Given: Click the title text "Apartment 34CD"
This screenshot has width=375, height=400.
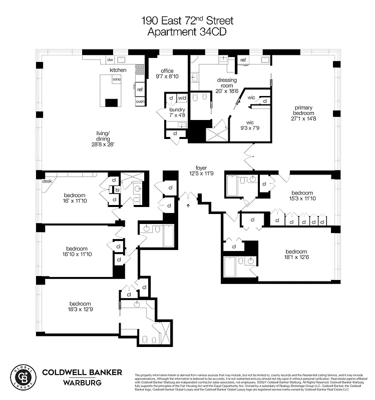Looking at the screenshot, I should pyautogui.click(x=187, y=31).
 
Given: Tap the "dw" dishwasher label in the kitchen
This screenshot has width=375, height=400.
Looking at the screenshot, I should pyautogui.click(x=110, y=60).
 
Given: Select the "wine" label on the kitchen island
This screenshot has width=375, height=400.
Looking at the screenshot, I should pyautogui.click(x=117, y=79).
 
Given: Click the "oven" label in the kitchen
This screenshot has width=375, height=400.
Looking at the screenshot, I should pyautogui.click(x=140, y=101).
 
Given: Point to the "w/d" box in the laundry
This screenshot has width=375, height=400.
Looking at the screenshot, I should pyautogui.click(x=182, y=98).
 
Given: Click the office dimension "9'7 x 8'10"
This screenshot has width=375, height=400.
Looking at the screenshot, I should pyautogui.click(x=166, y=76).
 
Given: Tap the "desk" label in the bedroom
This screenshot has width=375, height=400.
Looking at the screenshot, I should pyautogui.click(x=47, y=181).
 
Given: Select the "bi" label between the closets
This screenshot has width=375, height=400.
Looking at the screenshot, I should pyautogui.click(x=117, y=190).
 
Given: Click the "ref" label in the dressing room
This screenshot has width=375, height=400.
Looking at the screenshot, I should pyautogui.click(x=243, y=60).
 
